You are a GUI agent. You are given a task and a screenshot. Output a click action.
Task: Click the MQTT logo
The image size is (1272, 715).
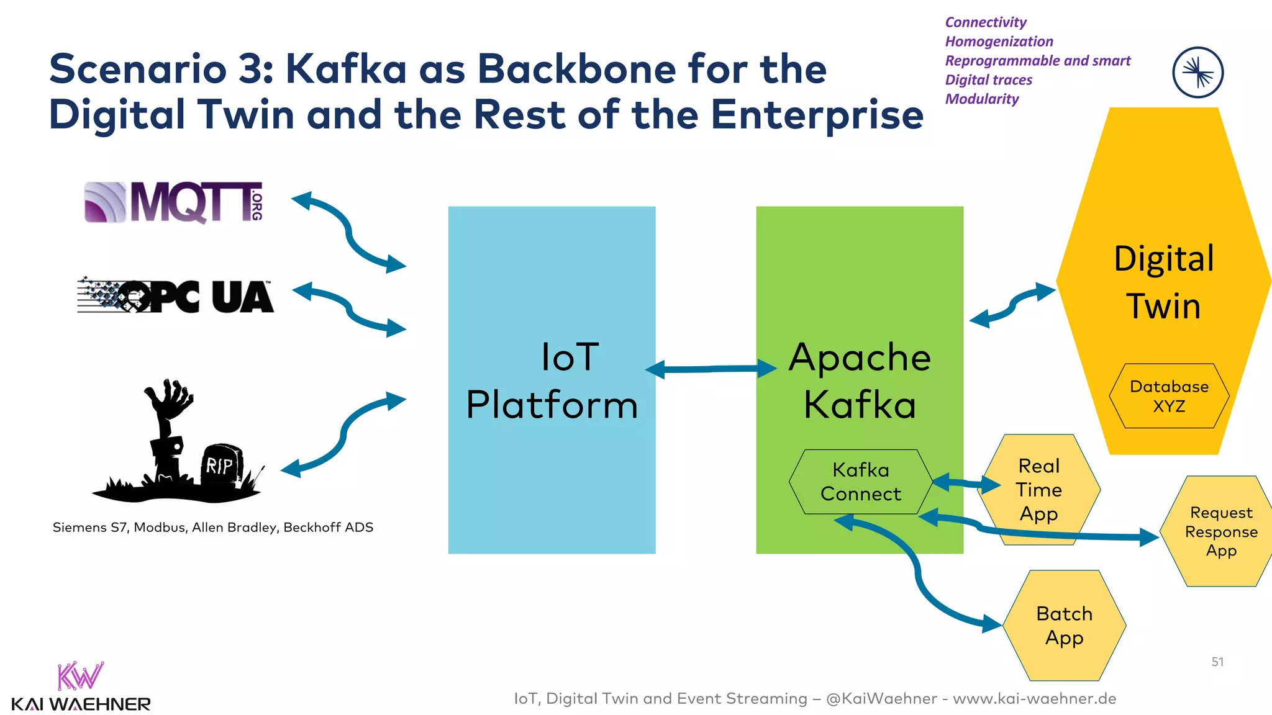click(174, 202)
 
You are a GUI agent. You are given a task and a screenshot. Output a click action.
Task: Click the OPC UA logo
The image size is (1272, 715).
click(176, 296)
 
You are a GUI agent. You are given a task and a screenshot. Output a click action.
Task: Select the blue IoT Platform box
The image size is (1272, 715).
click(552, 472)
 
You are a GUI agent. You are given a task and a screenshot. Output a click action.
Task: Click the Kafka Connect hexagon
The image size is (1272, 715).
click(860, 482)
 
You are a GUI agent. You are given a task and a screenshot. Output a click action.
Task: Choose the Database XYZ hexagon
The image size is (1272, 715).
click(1169, 396)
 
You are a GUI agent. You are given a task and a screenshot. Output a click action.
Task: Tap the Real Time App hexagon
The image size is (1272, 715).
click(1038, 490)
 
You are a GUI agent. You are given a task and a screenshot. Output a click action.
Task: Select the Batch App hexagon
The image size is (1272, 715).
click(1064, 626)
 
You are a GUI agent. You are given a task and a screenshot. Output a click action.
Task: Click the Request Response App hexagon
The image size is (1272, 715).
click(1220, 531)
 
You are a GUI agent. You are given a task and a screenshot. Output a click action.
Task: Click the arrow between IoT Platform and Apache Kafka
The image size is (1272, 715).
click(711, 369)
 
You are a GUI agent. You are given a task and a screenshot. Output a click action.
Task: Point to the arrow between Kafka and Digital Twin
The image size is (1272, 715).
click(1012, 305)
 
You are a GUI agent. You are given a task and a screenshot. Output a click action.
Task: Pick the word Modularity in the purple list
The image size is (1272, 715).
click(982, 99)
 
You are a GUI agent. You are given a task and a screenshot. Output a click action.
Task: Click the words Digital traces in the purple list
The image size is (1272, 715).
click(988, 80)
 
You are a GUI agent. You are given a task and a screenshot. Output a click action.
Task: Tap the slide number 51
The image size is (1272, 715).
click(1217, 662)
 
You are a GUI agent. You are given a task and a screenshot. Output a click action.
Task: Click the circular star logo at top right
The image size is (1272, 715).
click(1197, 73)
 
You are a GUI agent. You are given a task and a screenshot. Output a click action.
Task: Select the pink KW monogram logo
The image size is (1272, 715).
click(79, 677)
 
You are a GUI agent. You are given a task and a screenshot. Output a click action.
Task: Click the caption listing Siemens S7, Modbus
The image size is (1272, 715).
click(213, 528)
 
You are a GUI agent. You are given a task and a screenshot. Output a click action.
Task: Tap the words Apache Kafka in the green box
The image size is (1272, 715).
click(860, 380)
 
